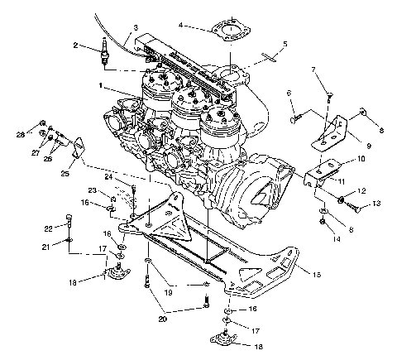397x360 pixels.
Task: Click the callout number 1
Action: [100, 85]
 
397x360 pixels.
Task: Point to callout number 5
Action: [285, 44]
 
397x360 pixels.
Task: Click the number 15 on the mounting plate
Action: [315, 271]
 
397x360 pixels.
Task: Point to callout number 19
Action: [168, 292]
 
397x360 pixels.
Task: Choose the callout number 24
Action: [108, 175]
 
